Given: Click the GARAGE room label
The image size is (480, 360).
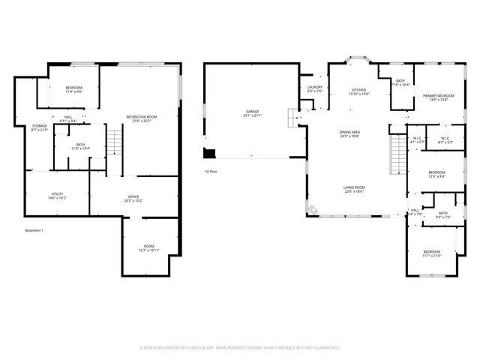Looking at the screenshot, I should [251, 112].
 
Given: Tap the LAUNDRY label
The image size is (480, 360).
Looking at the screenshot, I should [314, 88].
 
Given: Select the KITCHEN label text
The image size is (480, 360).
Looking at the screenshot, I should [358, 90].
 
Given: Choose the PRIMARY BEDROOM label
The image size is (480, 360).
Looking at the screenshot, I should [437, 96].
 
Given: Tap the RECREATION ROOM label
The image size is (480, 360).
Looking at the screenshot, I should [141, 116].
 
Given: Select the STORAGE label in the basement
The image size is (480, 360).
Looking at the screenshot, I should [39, 126].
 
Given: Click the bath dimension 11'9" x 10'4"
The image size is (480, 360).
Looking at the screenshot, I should [80, 148].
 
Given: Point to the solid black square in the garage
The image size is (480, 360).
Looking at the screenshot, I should [210, 154].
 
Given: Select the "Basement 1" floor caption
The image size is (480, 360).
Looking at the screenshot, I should [34, 230].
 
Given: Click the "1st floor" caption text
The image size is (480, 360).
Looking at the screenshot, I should [211, 172].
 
